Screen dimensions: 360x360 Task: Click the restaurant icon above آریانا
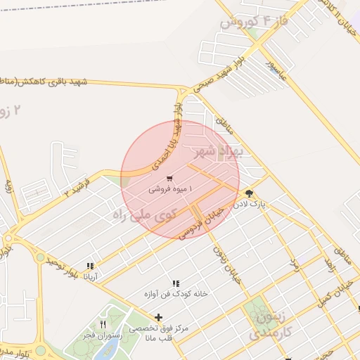pos(90,266)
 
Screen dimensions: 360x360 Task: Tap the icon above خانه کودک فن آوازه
pos(176,283)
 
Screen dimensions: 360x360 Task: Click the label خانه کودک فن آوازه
pos(176,294)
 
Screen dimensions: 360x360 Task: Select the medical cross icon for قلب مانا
pos(159,318)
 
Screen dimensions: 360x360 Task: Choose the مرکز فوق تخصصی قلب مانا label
pos(159,333)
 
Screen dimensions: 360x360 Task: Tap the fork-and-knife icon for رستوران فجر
pos(103,324)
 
